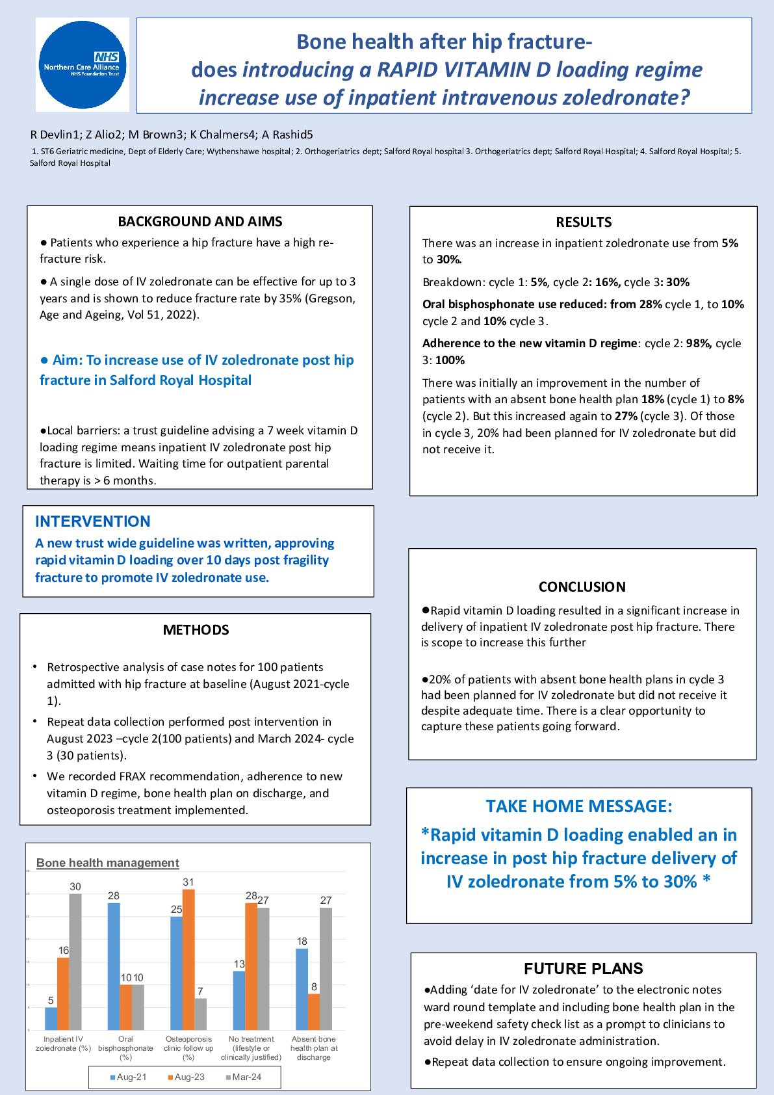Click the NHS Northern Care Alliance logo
pyautogui.click(x=83, y=65)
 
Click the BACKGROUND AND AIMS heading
pyautogui.click(x=200, y=222)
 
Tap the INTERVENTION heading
pyautogui.click(x=92, y=521)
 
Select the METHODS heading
pyautogui.click(x=196, y=630)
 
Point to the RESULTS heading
pyautogui.click(x=584, y=222)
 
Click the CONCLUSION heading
pyautogui.click(x=582, y=587)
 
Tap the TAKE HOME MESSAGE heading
pyautogui.click(x=578, y=806)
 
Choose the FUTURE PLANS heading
pyautogui.click(x=583, y=969)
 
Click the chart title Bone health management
pyautogui.click(x=107, y=863)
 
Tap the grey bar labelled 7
pyautogui.click(x=201, y=1014)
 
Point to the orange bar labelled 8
pyautogui.click(x=314, y=1012)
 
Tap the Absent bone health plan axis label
pyautogui.click(x=314, y=1048)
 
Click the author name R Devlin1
pyautogui.click(x=55, y=135)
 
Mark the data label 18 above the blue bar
pyautogui.click(x=302, y=942)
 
